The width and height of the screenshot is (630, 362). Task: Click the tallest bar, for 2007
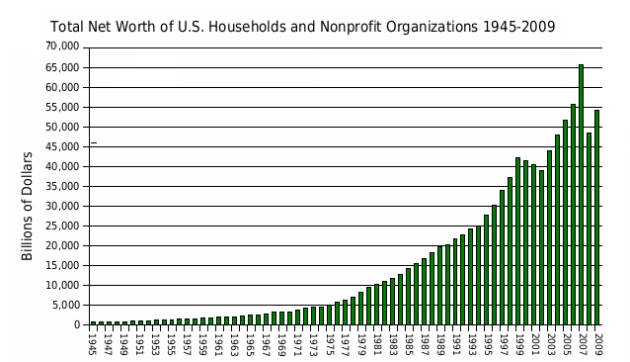(581, 194)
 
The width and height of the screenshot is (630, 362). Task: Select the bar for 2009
(596, 218)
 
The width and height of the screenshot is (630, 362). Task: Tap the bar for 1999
(517, 241)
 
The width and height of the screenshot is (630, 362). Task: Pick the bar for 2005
(565, 222)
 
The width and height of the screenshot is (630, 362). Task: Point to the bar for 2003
(549, 237)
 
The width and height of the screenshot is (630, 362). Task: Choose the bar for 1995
(486, 269)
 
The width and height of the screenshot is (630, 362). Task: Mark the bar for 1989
(439, 285)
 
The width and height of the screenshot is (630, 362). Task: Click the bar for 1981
(376, 305)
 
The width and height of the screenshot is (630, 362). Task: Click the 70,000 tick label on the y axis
(62, 46)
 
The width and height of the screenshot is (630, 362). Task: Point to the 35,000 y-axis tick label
(62, 186)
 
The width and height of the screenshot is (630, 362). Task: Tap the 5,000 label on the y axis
(65, 305)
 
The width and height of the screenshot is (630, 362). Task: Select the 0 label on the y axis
(77, 325)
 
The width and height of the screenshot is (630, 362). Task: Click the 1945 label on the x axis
(92, 345)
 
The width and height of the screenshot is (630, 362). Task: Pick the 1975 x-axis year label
(329, 345)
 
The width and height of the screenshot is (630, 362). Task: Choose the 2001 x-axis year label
(534, 345)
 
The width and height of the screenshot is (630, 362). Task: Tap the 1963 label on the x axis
(234, 345)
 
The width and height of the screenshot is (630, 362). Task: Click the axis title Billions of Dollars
(27, 206)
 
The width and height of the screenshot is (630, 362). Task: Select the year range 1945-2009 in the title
(518, 27)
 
